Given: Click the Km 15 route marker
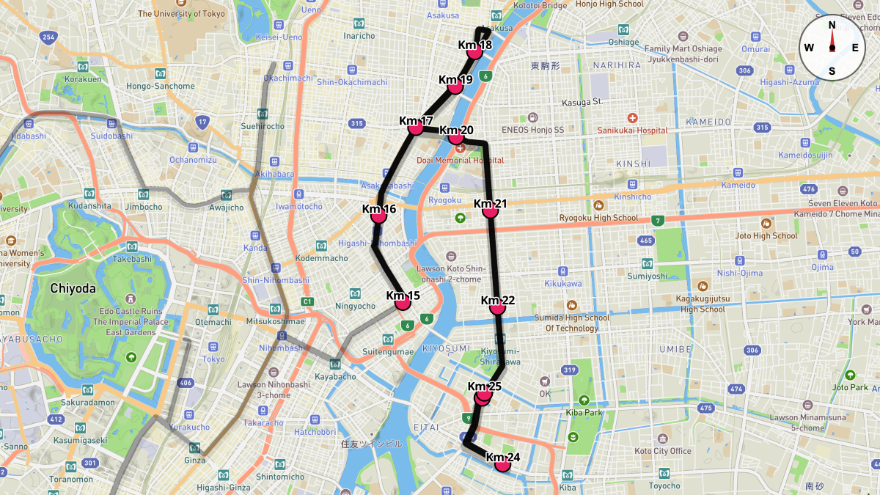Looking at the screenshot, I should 402,302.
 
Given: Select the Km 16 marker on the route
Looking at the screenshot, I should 379,216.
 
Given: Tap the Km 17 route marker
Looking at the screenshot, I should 416,127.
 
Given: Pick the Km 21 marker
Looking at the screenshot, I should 491,210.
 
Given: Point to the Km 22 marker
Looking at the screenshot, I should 499,307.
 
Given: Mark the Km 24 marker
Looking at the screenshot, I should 502,463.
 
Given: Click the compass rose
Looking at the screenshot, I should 832,48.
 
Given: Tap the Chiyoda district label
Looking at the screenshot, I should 73,288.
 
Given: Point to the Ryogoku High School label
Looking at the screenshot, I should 598,217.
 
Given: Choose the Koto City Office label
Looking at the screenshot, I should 663,451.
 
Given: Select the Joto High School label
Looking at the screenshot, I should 766,235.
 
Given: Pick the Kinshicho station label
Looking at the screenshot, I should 632,197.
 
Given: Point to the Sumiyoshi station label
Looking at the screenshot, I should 648,276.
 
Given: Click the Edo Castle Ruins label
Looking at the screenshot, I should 131,311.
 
